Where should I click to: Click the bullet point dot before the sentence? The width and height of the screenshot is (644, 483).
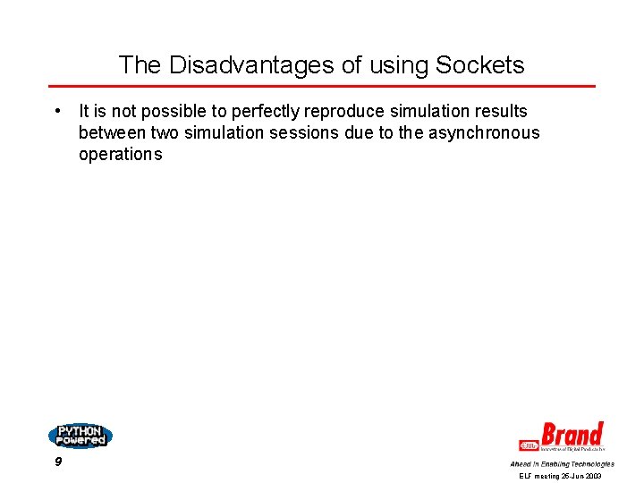[x=56, y=112]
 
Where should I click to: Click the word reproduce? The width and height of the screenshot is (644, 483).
[x=345, y=112]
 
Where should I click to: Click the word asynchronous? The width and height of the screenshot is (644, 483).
[x=483, y=133]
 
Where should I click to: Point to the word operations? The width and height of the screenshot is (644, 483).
[x=120, y=154]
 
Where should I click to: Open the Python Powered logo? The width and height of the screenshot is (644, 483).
[x=80, y=436]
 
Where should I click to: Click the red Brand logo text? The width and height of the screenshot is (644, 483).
[x=572, y=436]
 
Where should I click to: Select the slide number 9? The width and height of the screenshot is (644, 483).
[x=58, y=462]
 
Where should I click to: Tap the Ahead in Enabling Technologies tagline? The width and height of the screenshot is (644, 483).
[x=562, y=463]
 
